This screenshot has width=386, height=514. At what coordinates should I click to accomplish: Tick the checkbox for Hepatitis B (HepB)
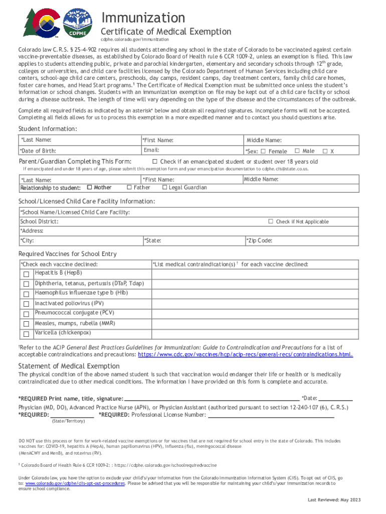click(x=26, y=274)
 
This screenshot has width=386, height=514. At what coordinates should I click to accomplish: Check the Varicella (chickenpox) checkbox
click(x=26, y=334)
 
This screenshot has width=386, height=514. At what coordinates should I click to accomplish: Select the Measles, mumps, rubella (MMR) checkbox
click(x=26, y=324)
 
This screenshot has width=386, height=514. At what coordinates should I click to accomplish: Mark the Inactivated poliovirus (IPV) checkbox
click(x=26, y=304)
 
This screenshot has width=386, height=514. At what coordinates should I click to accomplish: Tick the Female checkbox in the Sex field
click(x=263, y=151)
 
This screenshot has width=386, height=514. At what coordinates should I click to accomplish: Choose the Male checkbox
click(x=297, y=151)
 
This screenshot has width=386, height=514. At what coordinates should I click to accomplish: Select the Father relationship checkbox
click(x=129, y=188)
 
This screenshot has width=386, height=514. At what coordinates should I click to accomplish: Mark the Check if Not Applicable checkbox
click(x=271, y=221)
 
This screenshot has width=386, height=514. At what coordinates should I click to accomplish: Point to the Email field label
click(x=151, y=150)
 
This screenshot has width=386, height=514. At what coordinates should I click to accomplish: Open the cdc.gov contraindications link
click(x=245, y=354)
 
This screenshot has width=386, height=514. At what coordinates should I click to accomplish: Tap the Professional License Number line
click(x=271, y=415)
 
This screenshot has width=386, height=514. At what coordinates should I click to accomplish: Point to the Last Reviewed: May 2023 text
click(x=333, y=500)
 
